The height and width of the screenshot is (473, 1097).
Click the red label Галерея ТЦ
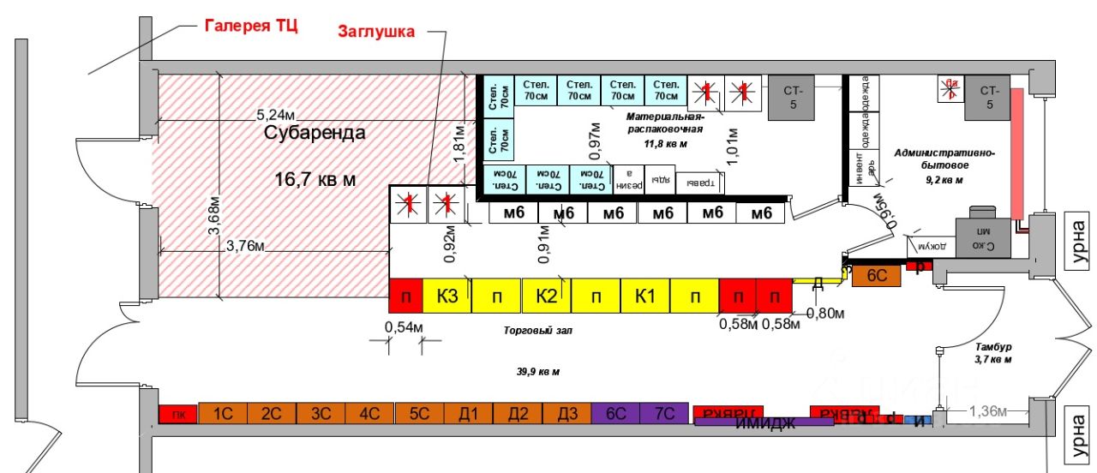(250, 25)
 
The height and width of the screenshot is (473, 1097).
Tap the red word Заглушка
(375, 32)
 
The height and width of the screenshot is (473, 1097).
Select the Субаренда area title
(314, 133)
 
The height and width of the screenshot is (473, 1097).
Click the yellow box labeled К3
(447, 296)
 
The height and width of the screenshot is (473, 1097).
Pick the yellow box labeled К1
(645, 296)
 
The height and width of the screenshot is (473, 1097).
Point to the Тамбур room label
(993, 347)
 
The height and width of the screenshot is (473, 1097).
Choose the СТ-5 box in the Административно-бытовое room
(989, 97)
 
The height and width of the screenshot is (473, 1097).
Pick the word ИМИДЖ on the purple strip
(765, 422)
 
